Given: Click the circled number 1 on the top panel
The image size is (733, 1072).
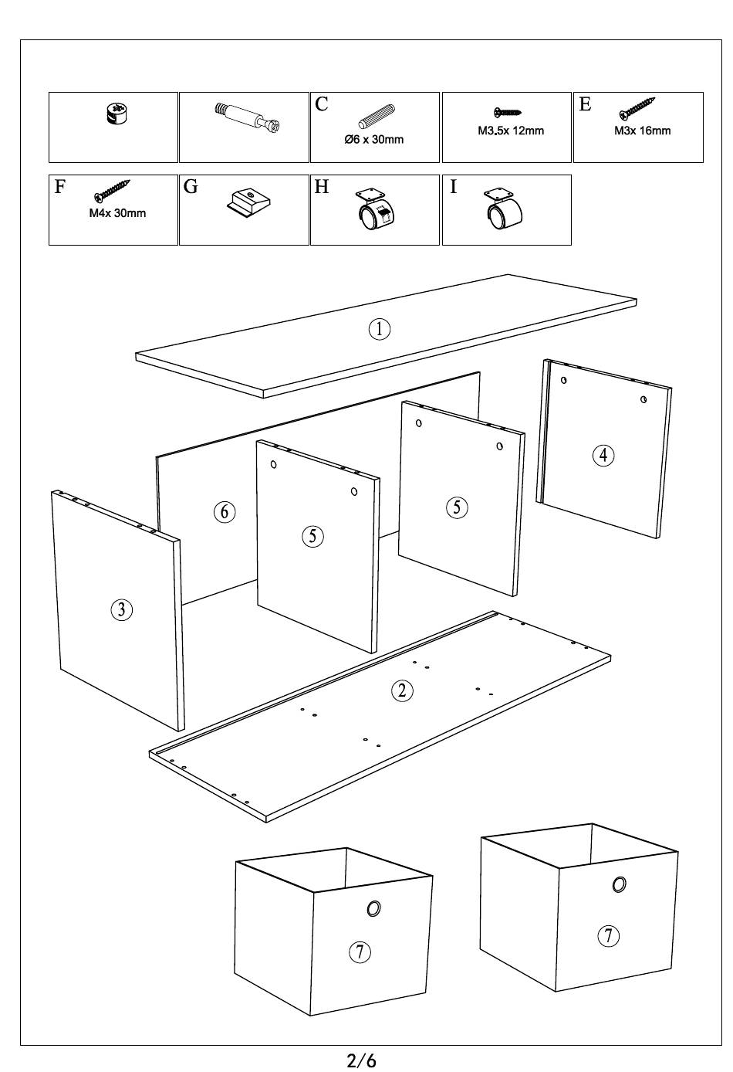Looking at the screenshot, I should tap(379, 329).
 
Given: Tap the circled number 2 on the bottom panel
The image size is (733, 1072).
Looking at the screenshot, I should tap(402, 690).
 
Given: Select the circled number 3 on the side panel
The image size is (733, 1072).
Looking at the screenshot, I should tap(121, 610).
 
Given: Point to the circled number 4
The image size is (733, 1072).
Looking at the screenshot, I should tap(603, 456).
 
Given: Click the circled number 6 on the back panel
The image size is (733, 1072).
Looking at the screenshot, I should tap(224, 511).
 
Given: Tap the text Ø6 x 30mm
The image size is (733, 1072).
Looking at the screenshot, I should tap(373, 140).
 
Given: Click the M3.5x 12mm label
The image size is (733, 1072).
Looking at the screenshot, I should tap(510, 131).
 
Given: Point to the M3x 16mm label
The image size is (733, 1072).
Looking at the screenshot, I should tap(642, 131).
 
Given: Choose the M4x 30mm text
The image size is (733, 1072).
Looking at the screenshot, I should tap(117, 213).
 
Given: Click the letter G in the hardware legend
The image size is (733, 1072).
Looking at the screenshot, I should tap(191, 187).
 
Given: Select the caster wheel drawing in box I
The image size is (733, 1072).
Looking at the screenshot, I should tap(504, 210).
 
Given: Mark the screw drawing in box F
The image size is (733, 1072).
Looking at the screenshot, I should tap(111, 191).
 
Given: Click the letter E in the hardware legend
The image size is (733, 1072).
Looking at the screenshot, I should tap(585, 104).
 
